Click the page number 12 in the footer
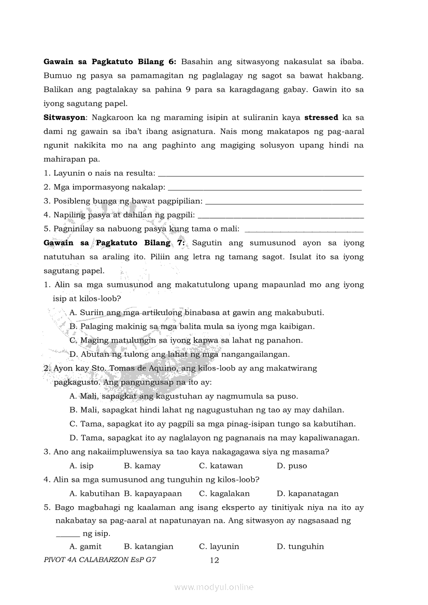(x=214, y=560)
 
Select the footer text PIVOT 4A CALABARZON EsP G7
(x=100, y=559)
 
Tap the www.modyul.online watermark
(x=214, y=587)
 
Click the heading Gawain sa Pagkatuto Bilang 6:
(x=110, y=62)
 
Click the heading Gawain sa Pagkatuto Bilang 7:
(x=115, y=243)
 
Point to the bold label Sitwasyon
(x=65, y=117)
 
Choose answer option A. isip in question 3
(x=81, y=466)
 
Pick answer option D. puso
(x=292, y=466)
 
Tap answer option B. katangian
(x=149, y=547)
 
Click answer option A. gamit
(x=85, y=547)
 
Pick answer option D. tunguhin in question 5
(x=300, y=547)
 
